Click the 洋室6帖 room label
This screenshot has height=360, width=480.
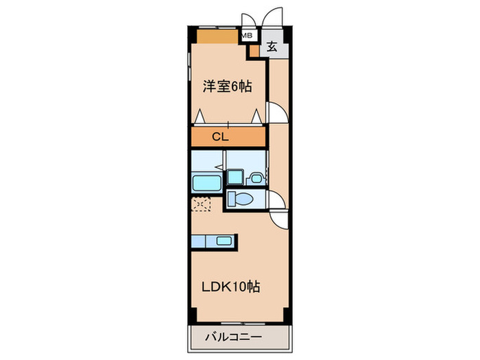(x=227, y=86)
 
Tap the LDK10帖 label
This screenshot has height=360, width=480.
(x=229, y=288)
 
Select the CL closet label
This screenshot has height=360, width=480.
(x=219, y=137)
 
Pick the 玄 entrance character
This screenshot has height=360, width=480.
(x=272, y=47)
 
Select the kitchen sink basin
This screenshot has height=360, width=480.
(x=224, y=241)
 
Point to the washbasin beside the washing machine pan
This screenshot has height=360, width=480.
(x=256, y=178)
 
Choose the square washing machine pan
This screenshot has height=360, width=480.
(x=235, y=177)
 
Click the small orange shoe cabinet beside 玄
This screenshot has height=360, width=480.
(x=254, y=50)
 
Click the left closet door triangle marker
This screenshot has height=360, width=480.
(x=200, y=117)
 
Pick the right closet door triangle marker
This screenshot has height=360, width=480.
(x=257, y=117)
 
